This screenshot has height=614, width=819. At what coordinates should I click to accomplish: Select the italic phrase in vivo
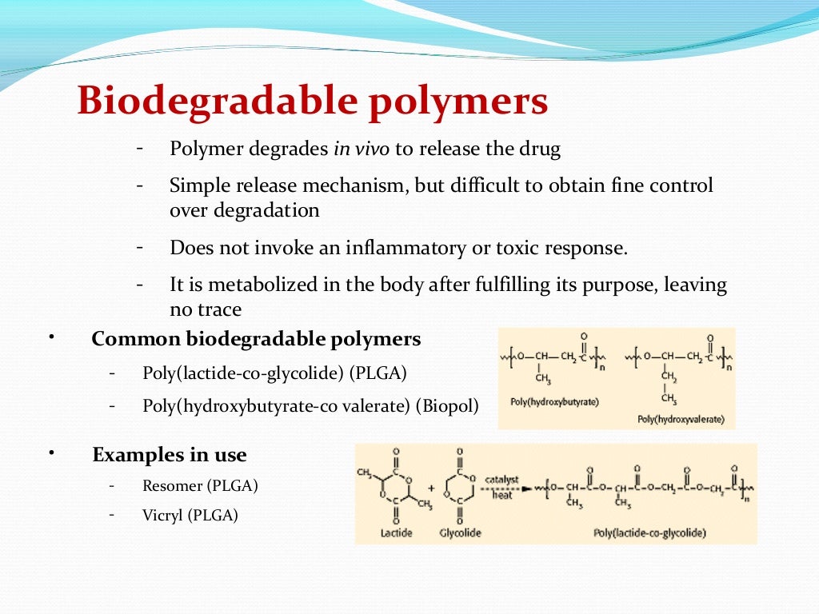coord(361,150)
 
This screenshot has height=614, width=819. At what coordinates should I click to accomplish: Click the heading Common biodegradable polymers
coord(256,339)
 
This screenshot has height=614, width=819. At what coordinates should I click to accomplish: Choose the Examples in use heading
coord(170,455)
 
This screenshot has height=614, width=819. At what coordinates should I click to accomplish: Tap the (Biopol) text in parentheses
coord(447,405)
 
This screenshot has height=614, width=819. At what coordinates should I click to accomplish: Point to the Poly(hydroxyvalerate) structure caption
coord(681,418)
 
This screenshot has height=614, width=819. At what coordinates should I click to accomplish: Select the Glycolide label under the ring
coord(460,532)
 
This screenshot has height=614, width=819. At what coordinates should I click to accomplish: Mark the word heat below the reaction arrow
coord(501,496)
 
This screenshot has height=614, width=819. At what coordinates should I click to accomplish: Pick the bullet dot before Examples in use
coord(51,453)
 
